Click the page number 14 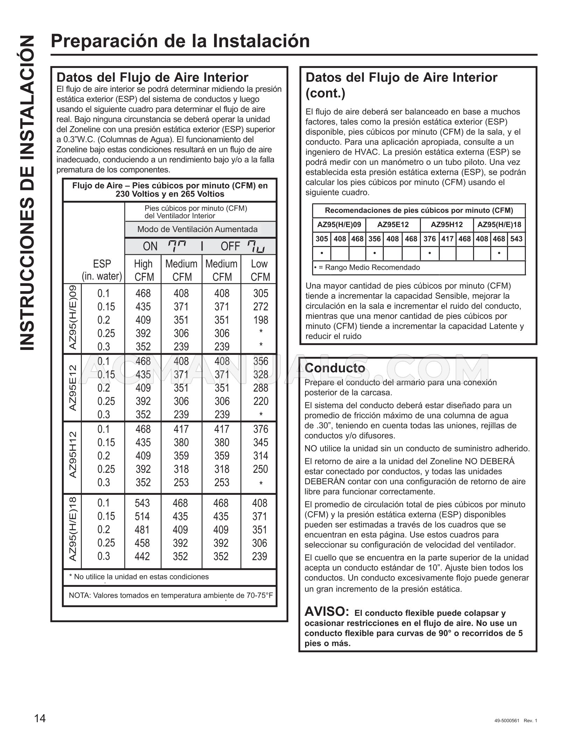(40, 718)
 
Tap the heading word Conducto (335, 368)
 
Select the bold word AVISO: (326, 612)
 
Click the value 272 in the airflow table (261, 307)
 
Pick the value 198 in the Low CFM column (261, 320)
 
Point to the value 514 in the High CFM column (142, 516)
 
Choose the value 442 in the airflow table (142, 556)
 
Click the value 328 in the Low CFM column (261, 374)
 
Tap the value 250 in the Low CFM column (261, 469)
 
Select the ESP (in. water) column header (102, 270)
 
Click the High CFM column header (143, 270)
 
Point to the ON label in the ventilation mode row (150, 246)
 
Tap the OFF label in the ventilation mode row (230, 246)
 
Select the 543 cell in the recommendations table (516, 239)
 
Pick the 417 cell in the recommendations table (447, 239)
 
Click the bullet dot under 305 (322, 253)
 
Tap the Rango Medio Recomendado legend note (367, 268)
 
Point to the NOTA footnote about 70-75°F (171, 595)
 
